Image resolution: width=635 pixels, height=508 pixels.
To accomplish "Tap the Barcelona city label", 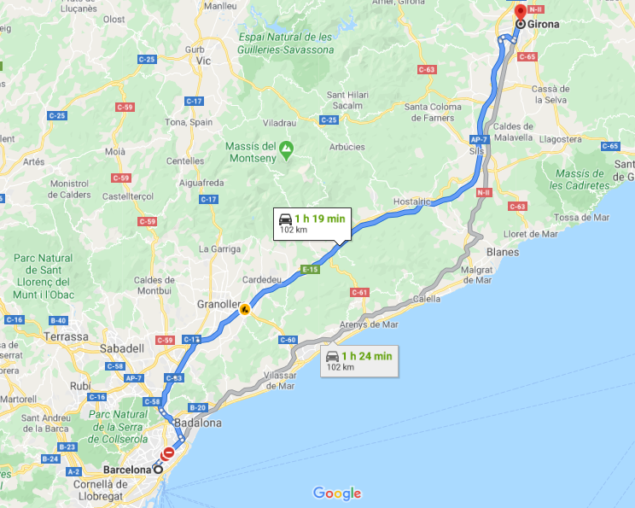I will pos(126,470).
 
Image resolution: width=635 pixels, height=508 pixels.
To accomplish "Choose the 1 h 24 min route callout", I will pos(358,360).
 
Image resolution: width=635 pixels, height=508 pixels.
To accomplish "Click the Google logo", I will pos(337,493).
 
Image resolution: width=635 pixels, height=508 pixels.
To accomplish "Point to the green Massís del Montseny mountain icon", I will pos(287,152).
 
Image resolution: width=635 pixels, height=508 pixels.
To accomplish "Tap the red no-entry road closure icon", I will pos(169,453).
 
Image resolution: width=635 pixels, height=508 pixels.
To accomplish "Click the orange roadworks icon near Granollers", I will pos(245,309).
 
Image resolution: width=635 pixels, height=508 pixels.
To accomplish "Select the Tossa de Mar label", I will pos(584,217).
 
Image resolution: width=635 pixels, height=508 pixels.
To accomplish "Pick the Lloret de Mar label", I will pos(532,233).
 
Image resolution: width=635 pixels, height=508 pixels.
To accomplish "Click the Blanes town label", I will pos(502,252).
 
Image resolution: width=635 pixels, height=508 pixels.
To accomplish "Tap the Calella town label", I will pos(426,299).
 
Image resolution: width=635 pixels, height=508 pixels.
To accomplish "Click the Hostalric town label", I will pos(413,201).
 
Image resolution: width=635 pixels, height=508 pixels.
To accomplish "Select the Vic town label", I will pos(203,62).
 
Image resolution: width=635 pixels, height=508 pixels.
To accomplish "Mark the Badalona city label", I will pos(197,423).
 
